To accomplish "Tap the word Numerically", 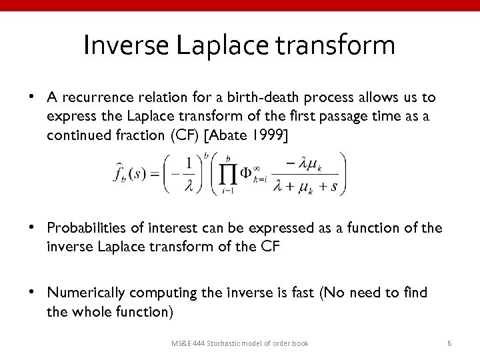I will click(87, 293).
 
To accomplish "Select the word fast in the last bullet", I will click(308, 293).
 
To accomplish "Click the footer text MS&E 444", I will click(189, 343).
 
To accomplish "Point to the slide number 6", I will click(450, 343).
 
